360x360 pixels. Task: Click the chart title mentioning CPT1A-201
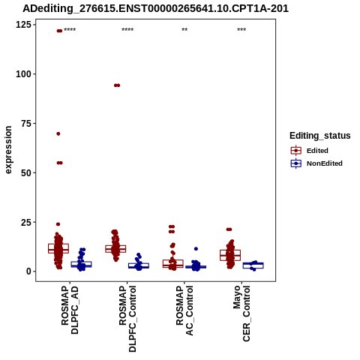155,8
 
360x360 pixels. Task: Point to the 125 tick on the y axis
23,25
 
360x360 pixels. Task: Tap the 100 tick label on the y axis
23,74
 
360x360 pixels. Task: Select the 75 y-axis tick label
26,124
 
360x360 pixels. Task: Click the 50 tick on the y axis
26,172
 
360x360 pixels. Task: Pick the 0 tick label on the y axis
29,271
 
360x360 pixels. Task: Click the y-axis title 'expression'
8,150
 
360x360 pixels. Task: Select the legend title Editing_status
320,136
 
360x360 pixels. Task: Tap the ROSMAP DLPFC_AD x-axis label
70,310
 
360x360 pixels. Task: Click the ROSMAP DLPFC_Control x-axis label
127,319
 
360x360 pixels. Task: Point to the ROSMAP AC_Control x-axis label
184,310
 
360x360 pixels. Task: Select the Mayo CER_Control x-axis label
241,313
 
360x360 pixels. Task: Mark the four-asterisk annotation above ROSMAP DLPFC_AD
70,30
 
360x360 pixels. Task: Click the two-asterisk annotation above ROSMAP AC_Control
184,30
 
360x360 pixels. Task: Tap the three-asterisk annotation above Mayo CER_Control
241,30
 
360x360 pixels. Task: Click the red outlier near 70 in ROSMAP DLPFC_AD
58,133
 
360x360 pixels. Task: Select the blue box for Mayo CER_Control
253,265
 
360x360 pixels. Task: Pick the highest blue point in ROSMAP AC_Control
196,249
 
